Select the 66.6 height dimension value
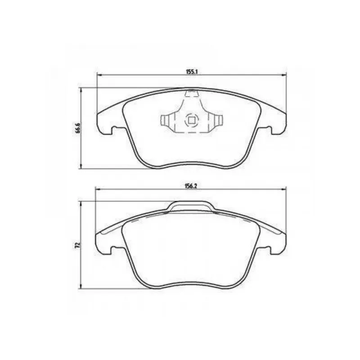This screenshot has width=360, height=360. click(78, 128)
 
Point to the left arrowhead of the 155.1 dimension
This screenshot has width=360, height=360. click(99, 75)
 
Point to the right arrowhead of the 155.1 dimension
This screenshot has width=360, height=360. click(284, 75)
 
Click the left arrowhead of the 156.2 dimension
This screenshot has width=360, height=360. click(98, 189)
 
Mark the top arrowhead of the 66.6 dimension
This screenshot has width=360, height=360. click(81, 90)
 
